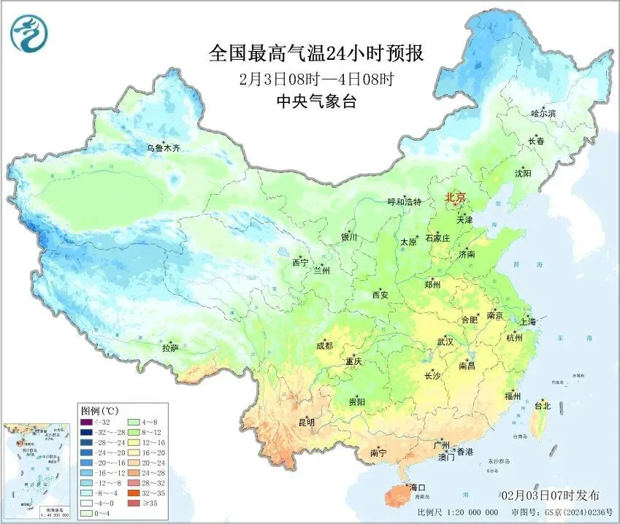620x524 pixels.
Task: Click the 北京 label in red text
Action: (x=455, y=197)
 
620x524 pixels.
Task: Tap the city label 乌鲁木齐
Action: (x=163, y=148)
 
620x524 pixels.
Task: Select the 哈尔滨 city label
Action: (x=543, y=113)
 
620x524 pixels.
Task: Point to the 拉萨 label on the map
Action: (x=169, y=348)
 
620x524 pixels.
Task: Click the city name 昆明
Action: (x=306, y=422)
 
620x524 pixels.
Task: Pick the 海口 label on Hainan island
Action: (x=418, y=487)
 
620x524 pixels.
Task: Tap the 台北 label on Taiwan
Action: (x=543, y=406)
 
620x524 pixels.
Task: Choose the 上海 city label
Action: (x=527, y=321)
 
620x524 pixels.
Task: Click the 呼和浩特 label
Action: (x=404, y=201)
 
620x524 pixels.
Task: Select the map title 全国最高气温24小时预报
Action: (x=316, y=54)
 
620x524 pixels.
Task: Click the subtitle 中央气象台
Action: (x=316, y=101)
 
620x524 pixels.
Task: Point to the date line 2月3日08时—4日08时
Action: (x=316, y=78)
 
